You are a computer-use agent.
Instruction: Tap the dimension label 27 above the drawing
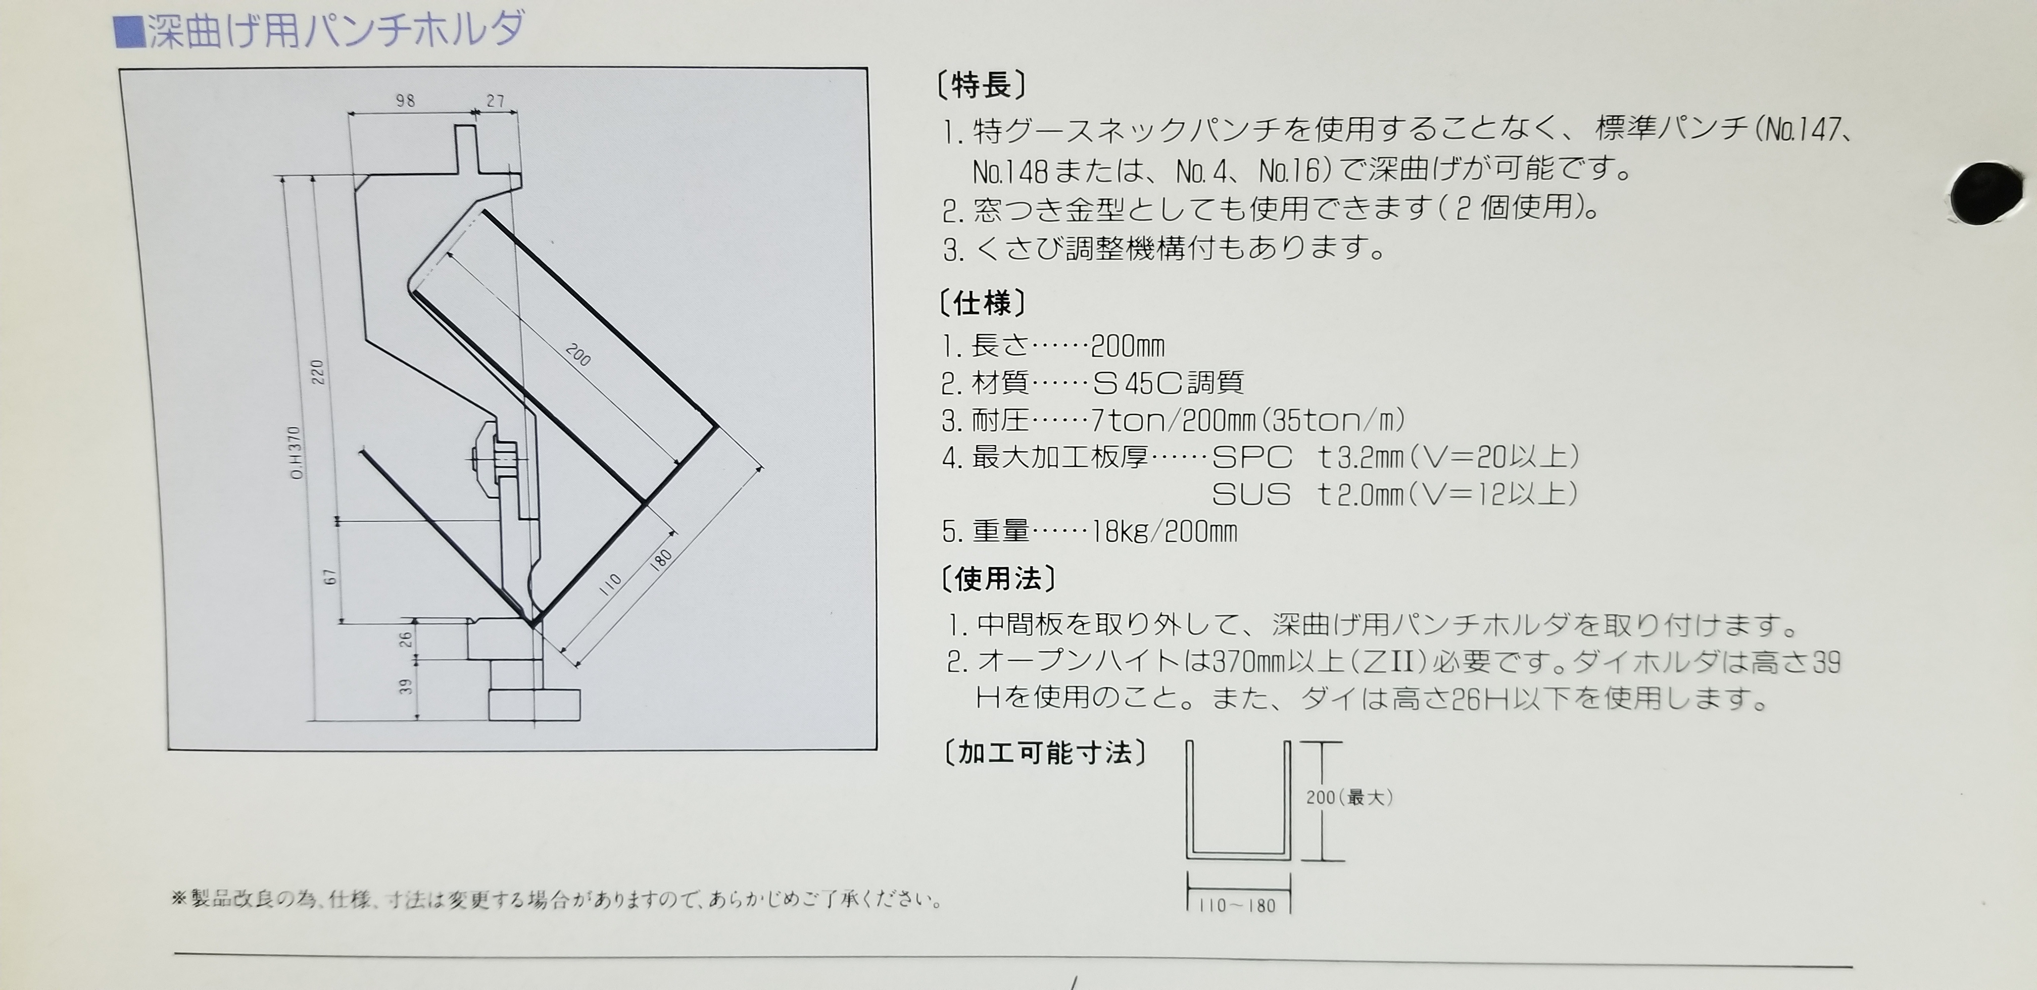coord(496,101)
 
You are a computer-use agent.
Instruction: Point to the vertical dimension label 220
coord(317,372)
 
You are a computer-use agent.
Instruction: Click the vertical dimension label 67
coord(330,576)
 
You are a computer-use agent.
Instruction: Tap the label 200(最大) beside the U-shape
coord(1349,798)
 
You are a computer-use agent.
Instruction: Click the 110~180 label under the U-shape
coord(1238,905)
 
